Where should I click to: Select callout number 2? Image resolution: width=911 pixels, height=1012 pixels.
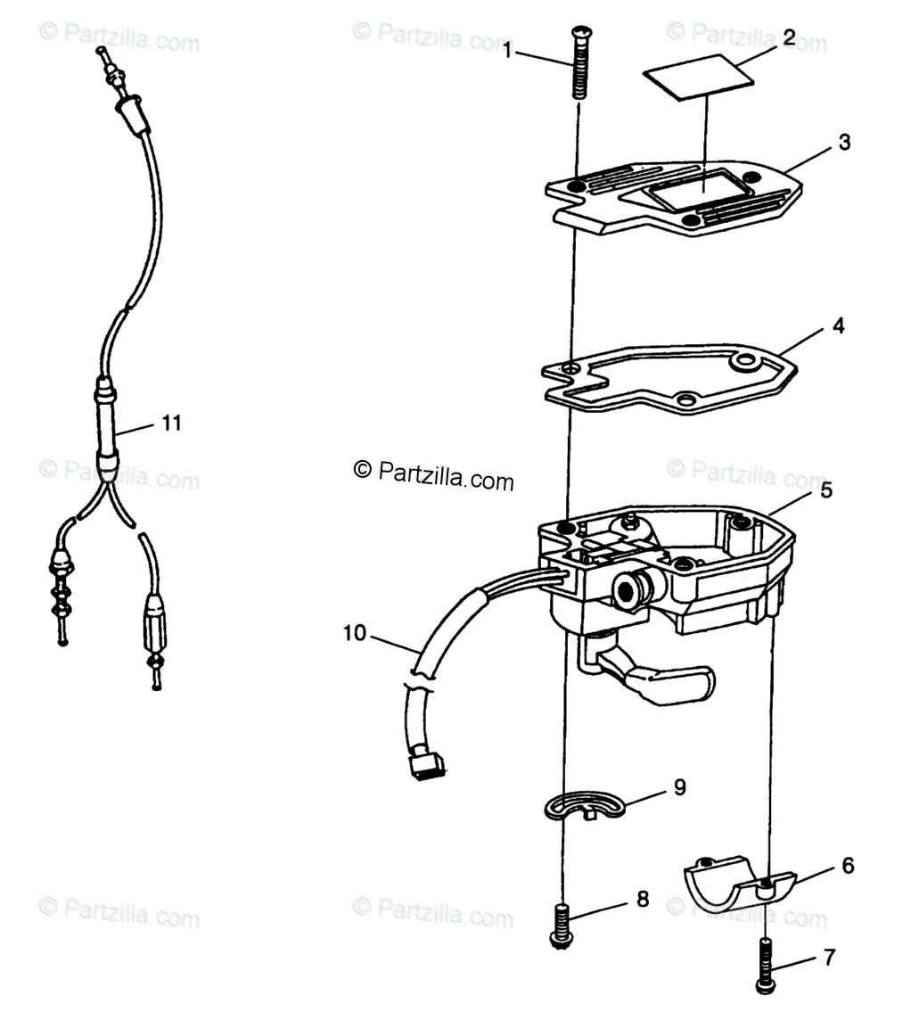789,37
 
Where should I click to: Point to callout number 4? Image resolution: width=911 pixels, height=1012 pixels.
838,326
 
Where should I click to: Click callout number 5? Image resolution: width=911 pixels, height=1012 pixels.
826,490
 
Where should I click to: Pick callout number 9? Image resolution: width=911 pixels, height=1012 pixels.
679,787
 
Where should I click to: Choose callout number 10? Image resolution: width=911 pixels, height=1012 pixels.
354,633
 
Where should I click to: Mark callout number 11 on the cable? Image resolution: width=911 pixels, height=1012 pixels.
171,423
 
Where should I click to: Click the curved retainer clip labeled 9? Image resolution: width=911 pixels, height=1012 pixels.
579,802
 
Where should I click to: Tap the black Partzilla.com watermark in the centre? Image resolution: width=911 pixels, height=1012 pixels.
434,475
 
